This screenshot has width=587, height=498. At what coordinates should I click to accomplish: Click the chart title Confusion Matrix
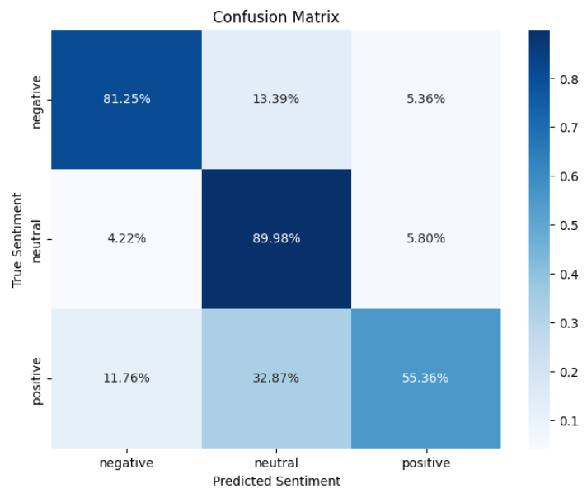click(275, 16)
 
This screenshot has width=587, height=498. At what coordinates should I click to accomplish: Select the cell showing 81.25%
click(126, 99)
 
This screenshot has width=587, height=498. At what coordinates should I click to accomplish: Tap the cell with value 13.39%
click(276, 99)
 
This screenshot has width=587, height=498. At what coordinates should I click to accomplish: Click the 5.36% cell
click(425, 99)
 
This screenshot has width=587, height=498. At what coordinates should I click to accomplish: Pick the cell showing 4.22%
click(126, 239)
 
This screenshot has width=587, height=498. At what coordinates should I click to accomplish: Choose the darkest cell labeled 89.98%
click(276, 239)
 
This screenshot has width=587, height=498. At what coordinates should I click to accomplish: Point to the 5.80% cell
click(425, 239)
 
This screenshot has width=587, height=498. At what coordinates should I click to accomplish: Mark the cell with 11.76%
click(126, 378)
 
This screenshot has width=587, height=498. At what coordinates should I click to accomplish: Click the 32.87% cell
click(276, 378)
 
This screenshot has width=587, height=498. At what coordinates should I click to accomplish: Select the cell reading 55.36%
click(425, 378)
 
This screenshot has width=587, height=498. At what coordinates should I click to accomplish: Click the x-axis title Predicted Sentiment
click(276, 480)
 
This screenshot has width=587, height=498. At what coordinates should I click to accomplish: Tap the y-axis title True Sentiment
click(17, 239)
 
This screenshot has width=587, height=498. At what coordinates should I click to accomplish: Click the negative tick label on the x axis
click(126, 463)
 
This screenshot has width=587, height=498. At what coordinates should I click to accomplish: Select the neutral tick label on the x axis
click(276, 463)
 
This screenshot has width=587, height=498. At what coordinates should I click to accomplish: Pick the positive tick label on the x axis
click(425, 463)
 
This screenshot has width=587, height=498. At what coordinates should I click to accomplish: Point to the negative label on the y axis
click(37, 99)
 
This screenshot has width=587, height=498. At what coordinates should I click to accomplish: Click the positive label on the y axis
click(37, 378)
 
